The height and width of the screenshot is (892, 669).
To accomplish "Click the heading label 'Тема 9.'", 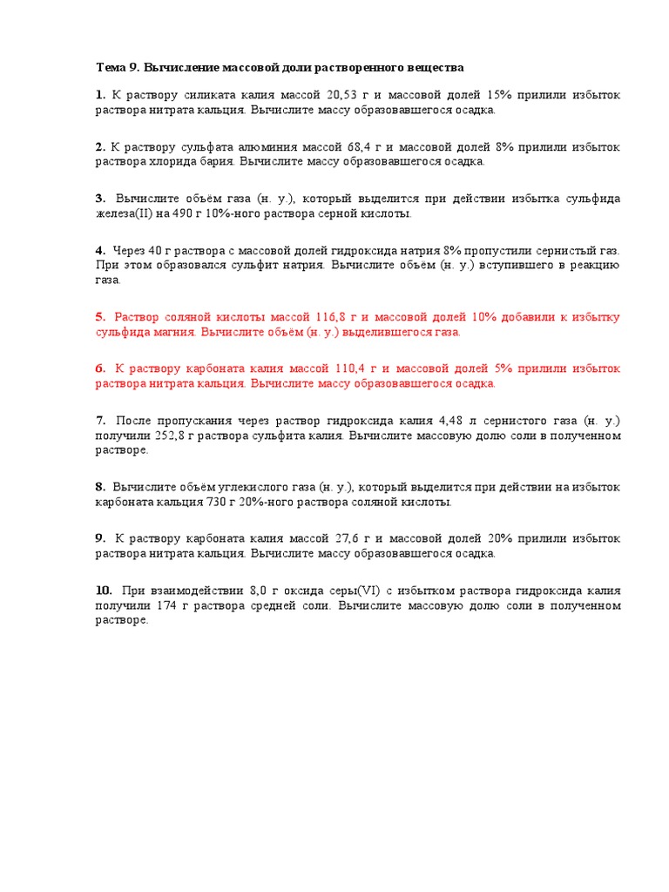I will point(117,67).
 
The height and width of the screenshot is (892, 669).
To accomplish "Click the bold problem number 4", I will point(100,250).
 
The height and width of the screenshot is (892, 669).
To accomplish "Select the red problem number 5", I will point(100,317).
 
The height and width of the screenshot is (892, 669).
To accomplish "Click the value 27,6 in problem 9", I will point(321,538).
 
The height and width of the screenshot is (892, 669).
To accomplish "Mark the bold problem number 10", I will point(104,591).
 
